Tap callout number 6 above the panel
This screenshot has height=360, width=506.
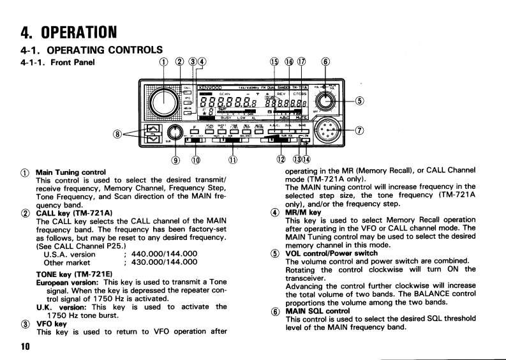pos(325,61)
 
